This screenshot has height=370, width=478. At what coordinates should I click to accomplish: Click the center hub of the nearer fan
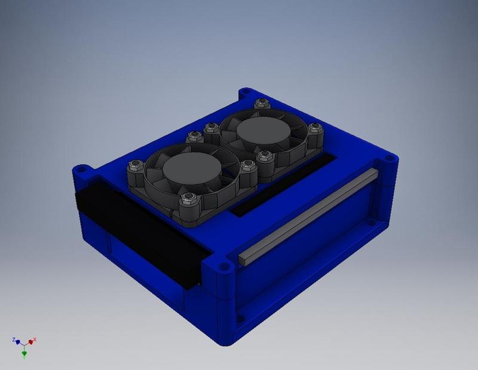pyautogui.click(x=192, y=168)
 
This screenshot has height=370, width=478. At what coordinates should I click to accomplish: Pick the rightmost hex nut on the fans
pyautogui.click(x=315, y=127)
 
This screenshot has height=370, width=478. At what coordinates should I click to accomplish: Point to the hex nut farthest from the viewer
pyautogui.click(x=261, y=103)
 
